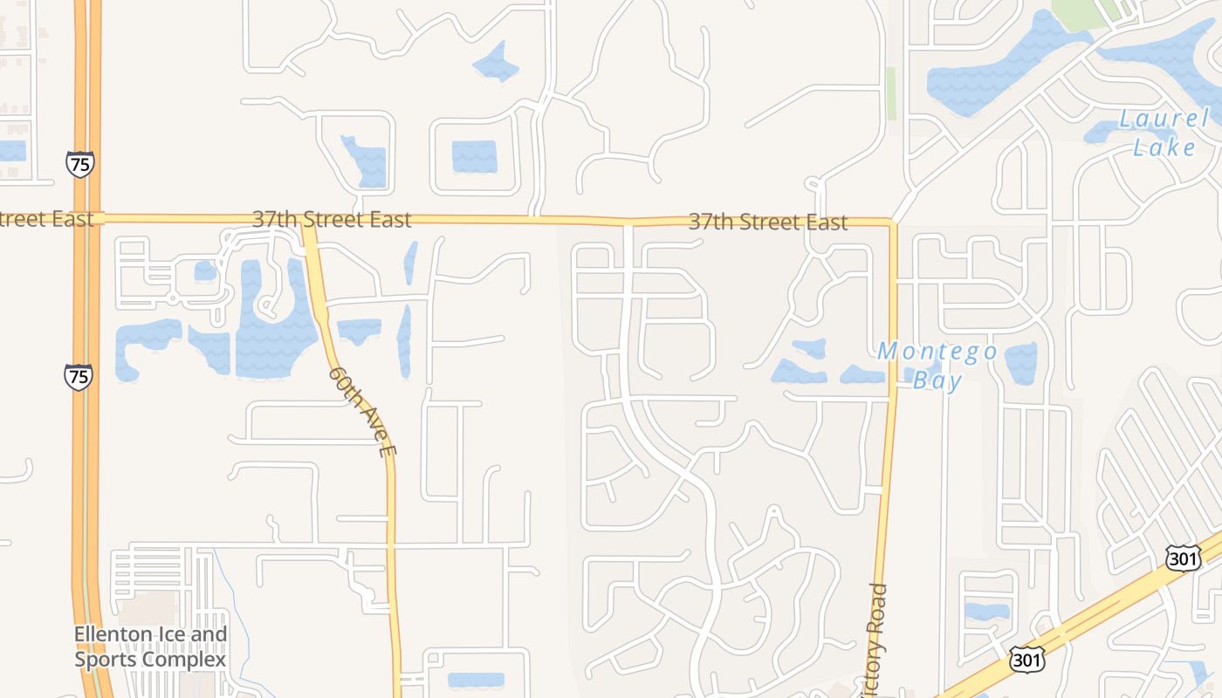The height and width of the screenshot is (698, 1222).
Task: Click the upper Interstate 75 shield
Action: click(79, 163)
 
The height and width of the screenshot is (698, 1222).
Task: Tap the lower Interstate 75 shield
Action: click(79, 377)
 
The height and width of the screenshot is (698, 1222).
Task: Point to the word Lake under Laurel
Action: click(1164, 147)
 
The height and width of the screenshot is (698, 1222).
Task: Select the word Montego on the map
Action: click(937, 352)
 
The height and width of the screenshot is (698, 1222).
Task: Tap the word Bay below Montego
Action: click(937, 380)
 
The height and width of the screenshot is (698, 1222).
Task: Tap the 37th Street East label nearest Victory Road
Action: click(767, 222)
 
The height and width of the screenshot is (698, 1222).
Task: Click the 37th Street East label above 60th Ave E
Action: click(332, 218)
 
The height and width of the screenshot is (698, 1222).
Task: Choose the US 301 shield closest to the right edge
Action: click(1182, 558)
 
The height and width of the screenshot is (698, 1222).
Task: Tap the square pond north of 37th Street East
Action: click(474, 156)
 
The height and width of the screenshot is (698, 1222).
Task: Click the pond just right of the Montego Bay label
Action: click(1020, 362)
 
